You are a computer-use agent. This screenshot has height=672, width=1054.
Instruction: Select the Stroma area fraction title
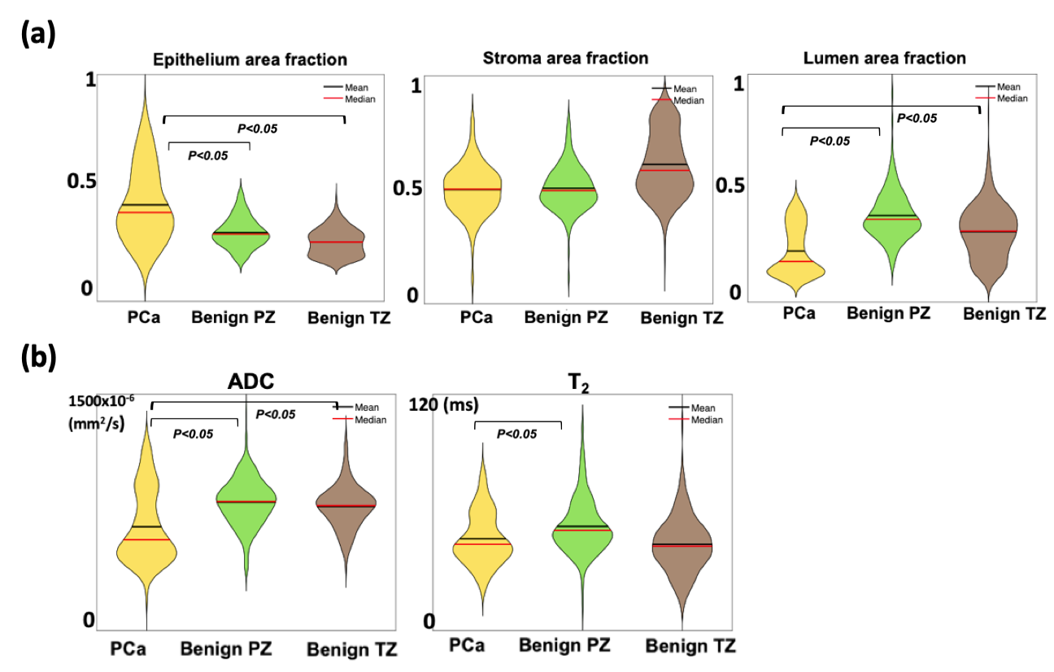(565, 58)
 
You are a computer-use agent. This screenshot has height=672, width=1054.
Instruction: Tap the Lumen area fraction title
(884, 58)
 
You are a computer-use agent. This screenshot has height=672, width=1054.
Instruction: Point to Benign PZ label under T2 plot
(564, 645)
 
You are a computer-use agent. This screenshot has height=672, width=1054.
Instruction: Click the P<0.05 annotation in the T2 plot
(516, 434)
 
